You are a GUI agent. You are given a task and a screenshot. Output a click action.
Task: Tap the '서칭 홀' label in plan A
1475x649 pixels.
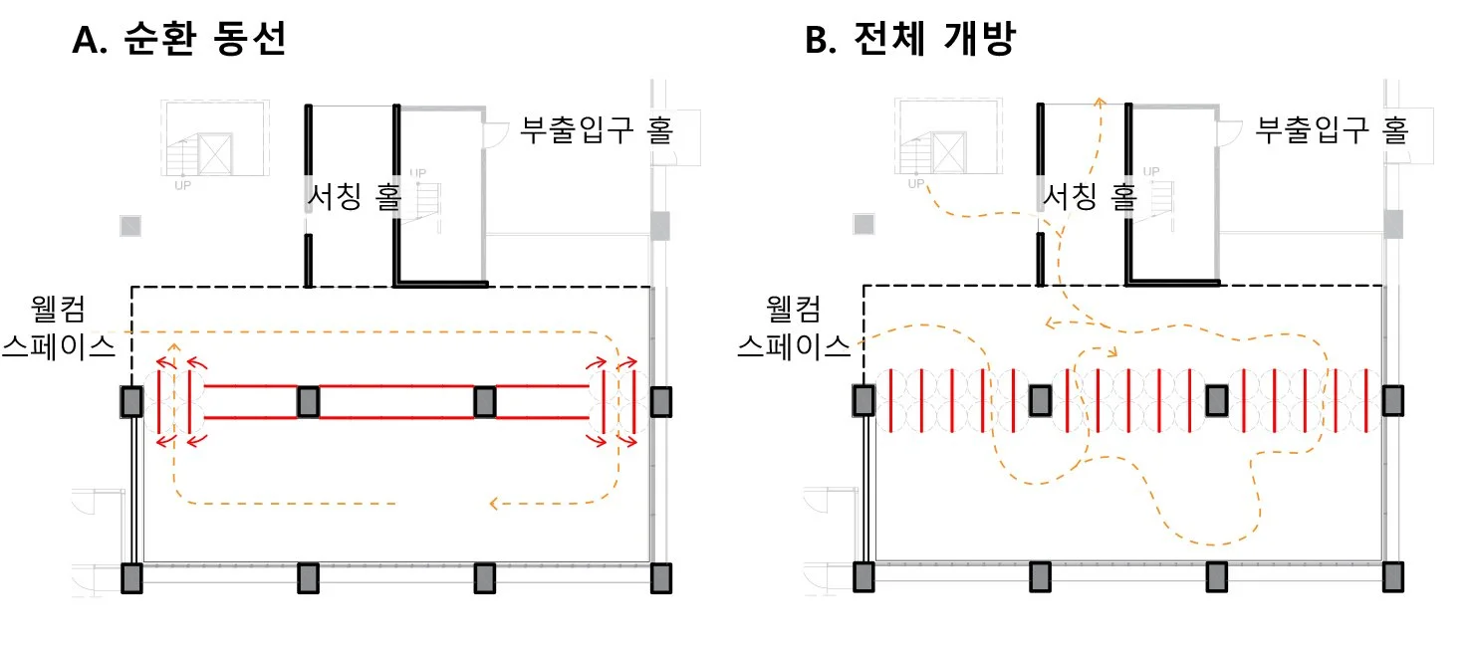tap(355, 198)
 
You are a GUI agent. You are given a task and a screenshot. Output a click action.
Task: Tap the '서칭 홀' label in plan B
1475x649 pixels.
tap(1089, 198)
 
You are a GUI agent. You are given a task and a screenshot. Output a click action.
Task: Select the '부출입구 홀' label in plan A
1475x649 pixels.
tap(597, 129)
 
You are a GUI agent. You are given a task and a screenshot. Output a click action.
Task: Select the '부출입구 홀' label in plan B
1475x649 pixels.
tap(1332, 129)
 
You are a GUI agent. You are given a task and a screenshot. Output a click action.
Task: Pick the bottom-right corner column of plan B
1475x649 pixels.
tap(1392, 577)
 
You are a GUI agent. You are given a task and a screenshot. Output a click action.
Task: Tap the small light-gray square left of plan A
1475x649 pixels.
tap(130, 226)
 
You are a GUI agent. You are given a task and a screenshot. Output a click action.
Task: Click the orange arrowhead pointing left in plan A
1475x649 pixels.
tap(495, 504)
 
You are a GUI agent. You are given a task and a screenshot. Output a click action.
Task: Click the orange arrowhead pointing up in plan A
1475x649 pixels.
tap(174, 347)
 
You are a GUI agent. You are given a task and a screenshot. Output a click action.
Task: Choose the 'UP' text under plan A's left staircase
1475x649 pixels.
tap(183, 184)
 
